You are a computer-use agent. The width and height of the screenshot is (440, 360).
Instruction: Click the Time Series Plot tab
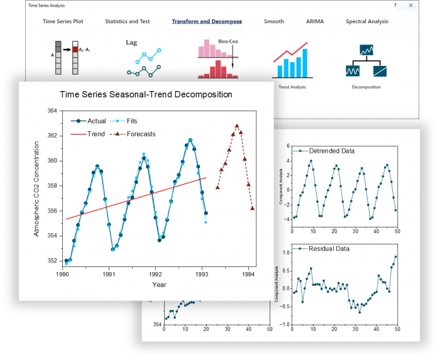(63, 21)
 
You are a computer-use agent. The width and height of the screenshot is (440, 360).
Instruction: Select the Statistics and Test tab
(128, 21)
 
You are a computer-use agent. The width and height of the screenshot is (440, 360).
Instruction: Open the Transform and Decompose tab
(207, 21)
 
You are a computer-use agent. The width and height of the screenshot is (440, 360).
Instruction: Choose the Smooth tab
(273, 21)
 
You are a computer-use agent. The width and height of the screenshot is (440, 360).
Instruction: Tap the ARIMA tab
(314, 21)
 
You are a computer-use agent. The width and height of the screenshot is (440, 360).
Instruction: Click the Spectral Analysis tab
(366, 21)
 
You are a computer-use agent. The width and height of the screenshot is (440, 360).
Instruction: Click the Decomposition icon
(366, 63)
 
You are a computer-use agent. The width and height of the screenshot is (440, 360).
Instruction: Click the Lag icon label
(131, 43)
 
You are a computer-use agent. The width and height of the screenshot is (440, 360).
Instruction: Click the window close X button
(411, 5)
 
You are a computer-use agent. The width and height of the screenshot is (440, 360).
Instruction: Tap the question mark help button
(395, 5)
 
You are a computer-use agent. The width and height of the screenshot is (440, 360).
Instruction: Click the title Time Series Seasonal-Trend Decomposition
(146, 95)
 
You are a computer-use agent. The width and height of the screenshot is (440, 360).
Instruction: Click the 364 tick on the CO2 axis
(53, 111)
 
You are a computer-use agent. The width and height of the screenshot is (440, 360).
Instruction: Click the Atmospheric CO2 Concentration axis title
(36, 188)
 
